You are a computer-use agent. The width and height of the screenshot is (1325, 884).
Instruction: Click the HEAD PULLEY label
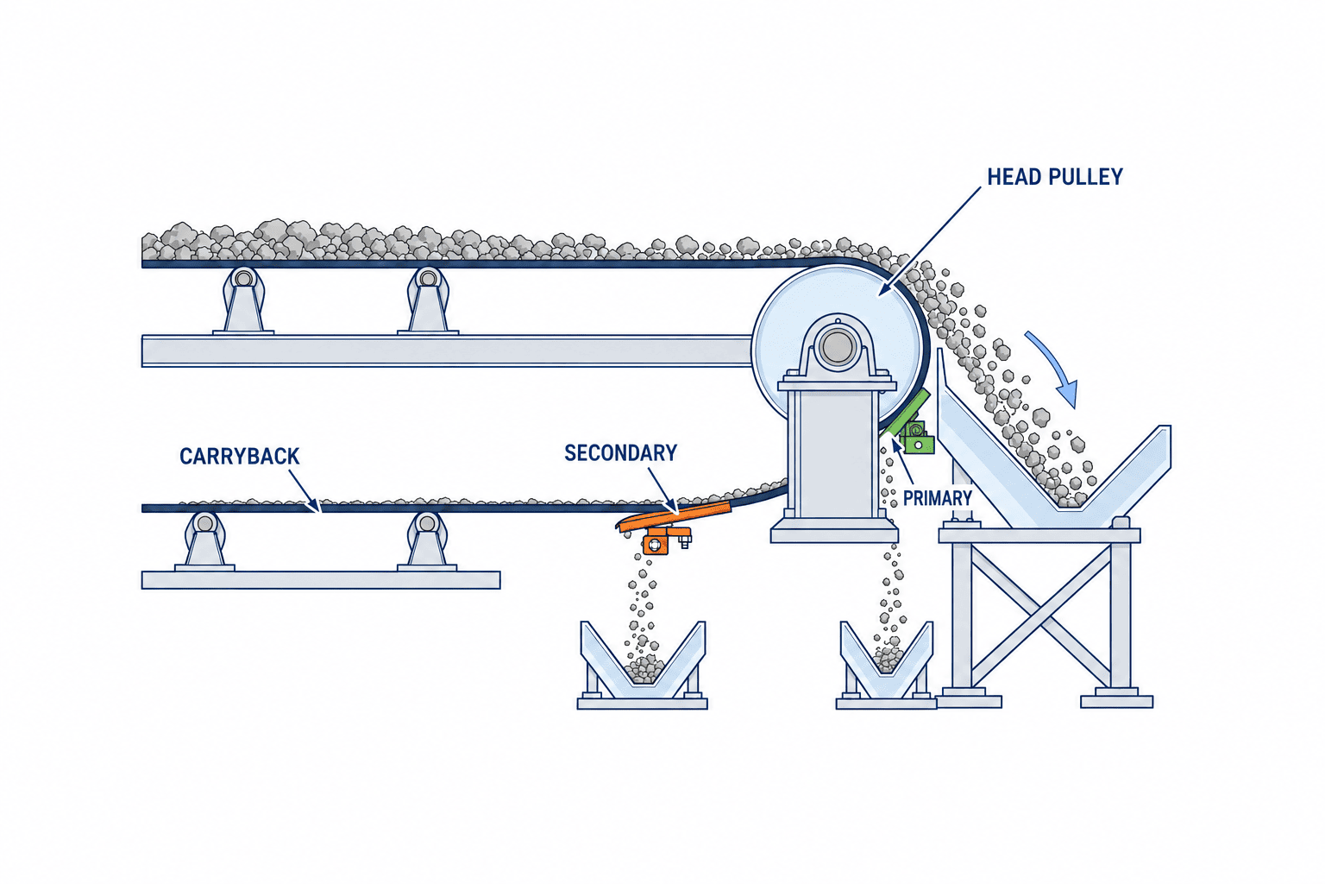pos(1055,177)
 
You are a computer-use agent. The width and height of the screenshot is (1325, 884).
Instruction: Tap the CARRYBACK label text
pos(240,457)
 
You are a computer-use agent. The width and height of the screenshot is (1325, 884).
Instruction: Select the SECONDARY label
pos(620,453)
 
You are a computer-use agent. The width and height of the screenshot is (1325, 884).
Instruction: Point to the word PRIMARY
pos(938,499)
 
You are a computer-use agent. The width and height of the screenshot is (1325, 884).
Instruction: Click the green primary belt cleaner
pos(908,425)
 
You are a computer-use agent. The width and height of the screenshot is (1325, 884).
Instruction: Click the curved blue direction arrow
pos(1055,368)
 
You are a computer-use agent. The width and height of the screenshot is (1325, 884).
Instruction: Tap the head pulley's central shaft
pos(837,347)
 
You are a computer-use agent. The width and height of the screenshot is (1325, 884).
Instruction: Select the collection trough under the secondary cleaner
pos(643,665)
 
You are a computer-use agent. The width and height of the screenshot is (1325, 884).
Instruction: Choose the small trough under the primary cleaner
pos(886,665)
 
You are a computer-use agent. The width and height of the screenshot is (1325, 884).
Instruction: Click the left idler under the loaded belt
pos(243,300)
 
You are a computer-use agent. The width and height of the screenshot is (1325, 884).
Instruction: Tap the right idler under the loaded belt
pos(428,300)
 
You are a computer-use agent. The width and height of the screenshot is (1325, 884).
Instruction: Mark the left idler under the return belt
pos(204,540)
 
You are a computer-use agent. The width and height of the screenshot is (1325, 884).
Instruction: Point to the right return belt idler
pos(426,540)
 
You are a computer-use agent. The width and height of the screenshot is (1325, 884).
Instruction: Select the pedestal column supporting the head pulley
pos(835,455)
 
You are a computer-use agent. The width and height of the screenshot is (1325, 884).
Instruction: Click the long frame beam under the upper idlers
pos(447,351)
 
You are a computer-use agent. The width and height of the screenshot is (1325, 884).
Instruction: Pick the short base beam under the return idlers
pos(321,579)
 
